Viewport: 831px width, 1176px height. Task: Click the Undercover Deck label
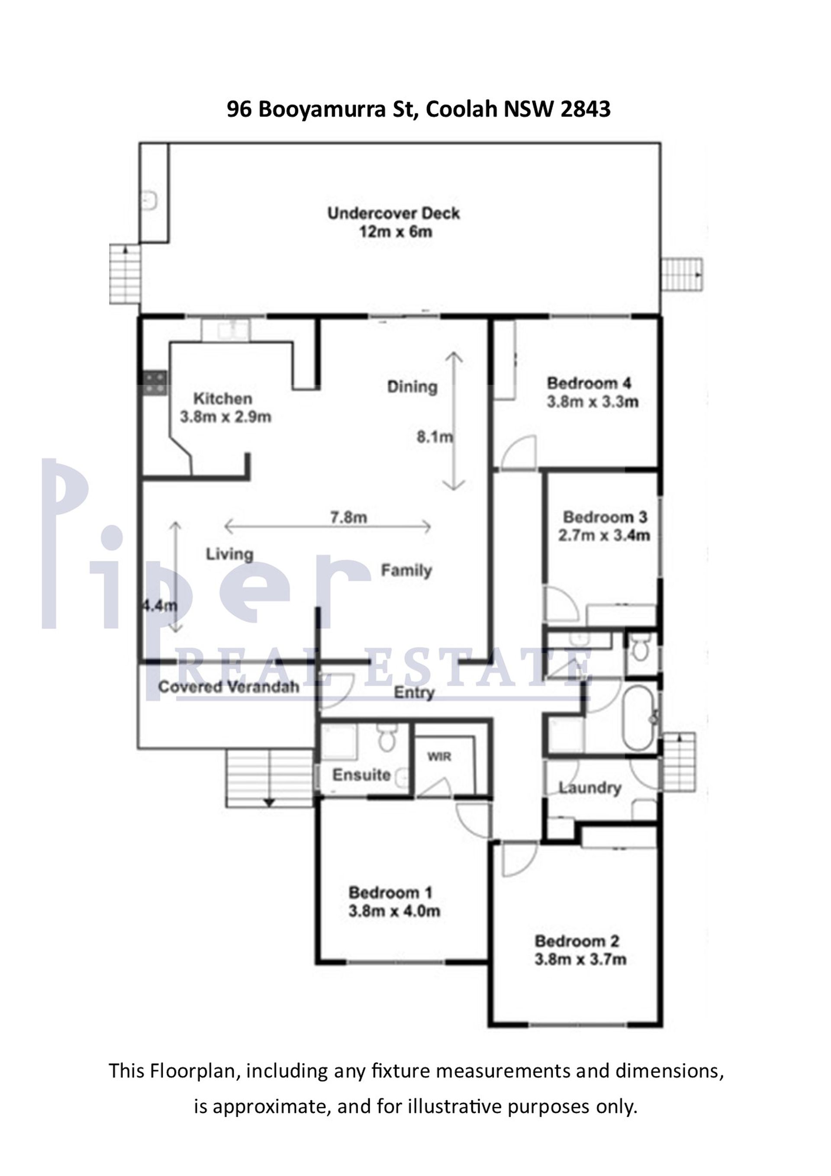tap(393, 213)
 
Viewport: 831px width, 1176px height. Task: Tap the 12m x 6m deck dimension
tap(395, 232)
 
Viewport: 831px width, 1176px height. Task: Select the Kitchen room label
tap(223, 398)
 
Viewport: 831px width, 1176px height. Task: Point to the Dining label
tap(412, 387)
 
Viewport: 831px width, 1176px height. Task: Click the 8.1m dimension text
tap(434, 437)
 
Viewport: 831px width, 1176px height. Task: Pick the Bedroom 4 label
tap(589, 383)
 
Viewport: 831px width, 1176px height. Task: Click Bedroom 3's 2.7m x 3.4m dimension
tap(604, 536)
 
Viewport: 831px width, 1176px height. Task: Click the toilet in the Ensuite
tap(386, 736)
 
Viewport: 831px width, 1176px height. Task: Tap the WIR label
tap(439, 756)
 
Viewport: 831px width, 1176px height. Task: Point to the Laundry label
tap(590, 788)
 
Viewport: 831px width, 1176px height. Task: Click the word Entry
tap(414, 693)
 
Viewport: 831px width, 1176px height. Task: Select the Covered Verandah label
tap(229, 687)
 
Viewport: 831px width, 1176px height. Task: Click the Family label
tap(406, 570)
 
